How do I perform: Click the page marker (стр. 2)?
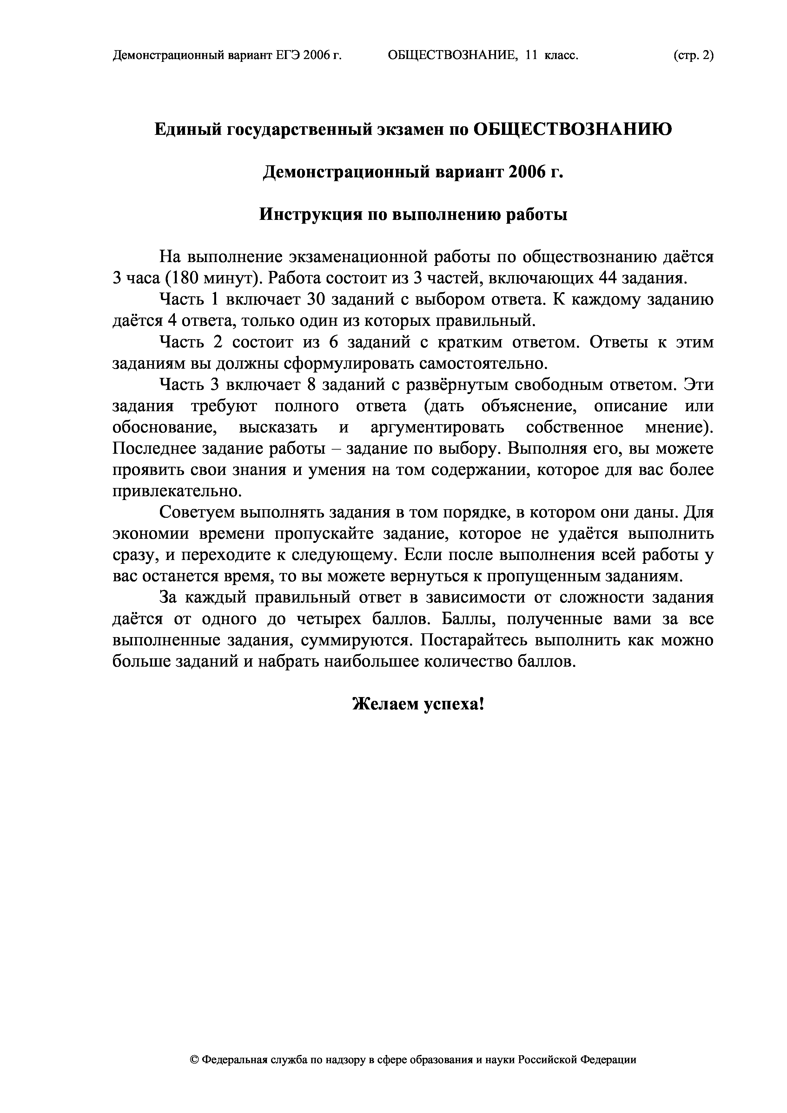[693, 56]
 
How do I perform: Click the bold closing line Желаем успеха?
[419, 704]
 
